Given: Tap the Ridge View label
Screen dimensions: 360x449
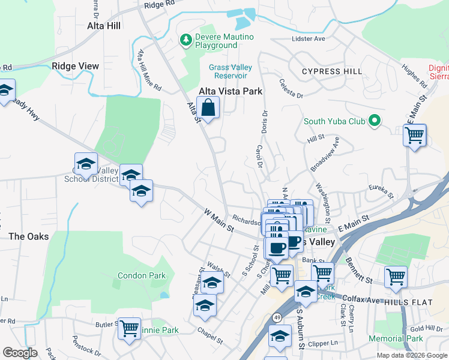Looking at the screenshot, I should pyautogui.click(x=75, y=66).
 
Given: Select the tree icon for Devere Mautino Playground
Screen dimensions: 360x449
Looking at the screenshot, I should pyautogui.click(x=186, y=40).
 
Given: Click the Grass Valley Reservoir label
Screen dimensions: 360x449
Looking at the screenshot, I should pyautogui.click(x=228, y=71).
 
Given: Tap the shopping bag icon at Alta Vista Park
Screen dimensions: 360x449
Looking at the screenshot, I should pyautogui.click(x=208, y=109).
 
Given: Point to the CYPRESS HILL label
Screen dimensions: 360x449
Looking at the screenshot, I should pyautogui.click(x=332, y=71).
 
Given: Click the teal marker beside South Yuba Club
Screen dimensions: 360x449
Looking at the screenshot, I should pyautogui.click(x=375, y=121).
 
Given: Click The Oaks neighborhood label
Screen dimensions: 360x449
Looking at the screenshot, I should pyautogui.click(x=29, y=236).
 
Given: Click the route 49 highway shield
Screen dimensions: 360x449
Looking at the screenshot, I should pyautogui.click(x=277, y=316).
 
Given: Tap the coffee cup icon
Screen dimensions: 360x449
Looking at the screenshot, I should pyautogui.click(x=277, y=248).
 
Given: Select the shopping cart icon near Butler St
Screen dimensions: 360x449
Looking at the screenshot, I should pyautogui.click(x=129, y=329).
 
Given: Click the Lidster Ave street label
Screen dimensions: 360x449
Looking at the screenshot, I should pyautogui.click(x=308, y=39).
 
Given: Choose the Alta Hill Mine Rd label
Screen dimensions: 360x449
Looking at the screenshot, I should pyautogui.click(x=149, y=70).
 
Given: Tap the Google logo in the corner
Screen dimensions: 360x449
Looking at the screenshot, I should pyautogui.click(x=20, y=353).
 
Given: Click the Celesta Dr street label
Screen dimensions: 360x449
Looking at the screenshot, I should pyautogui.click(x=291, y=91).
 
